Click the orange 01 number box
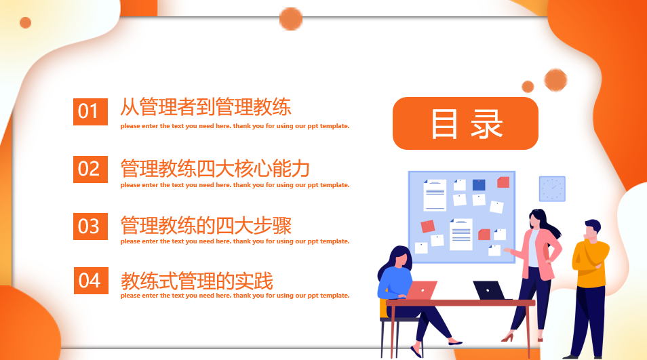(90, 111)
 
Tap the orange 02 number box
(90, 169)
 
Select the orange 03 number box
(90, 226)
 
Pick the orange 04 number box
(90, 281)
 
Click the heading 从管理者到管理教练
(205, 107)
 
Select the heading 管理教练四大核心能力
(215, 167)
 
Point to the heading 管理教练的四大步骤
(205, 224)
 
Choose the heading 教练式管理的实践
(197, 280)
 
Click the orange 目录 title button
(465, 123)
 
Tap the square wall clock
(552, 188)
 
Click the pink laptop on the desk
(421, 290)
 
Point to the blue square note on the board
(479, 184)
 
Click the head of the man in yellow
(592, 229)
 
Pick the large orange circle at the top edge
(291, 19)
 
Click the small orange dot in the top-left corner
(25, 22)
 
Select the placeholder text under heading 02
(235, 185)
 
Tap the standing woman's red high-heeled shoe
(508, 337)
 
